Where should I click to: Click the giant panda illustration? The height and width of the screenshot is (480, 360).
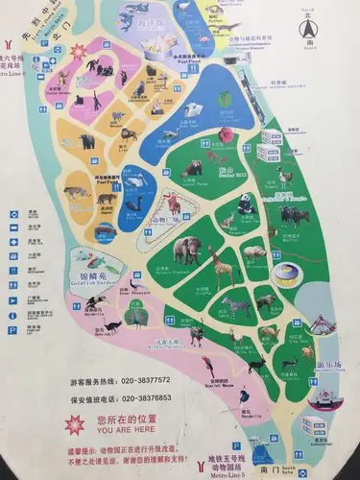coord(244,204)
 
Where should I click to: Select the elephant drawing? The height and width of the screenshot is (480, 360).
coord(188,251)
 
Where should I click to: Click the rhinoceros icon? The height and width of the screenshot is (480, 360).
coord(281,251)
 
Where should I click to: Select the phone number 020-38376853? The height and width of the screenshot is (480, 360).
coord(151,397)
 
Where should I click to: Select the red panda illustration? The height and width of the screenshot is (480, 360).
coord(193,169)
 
